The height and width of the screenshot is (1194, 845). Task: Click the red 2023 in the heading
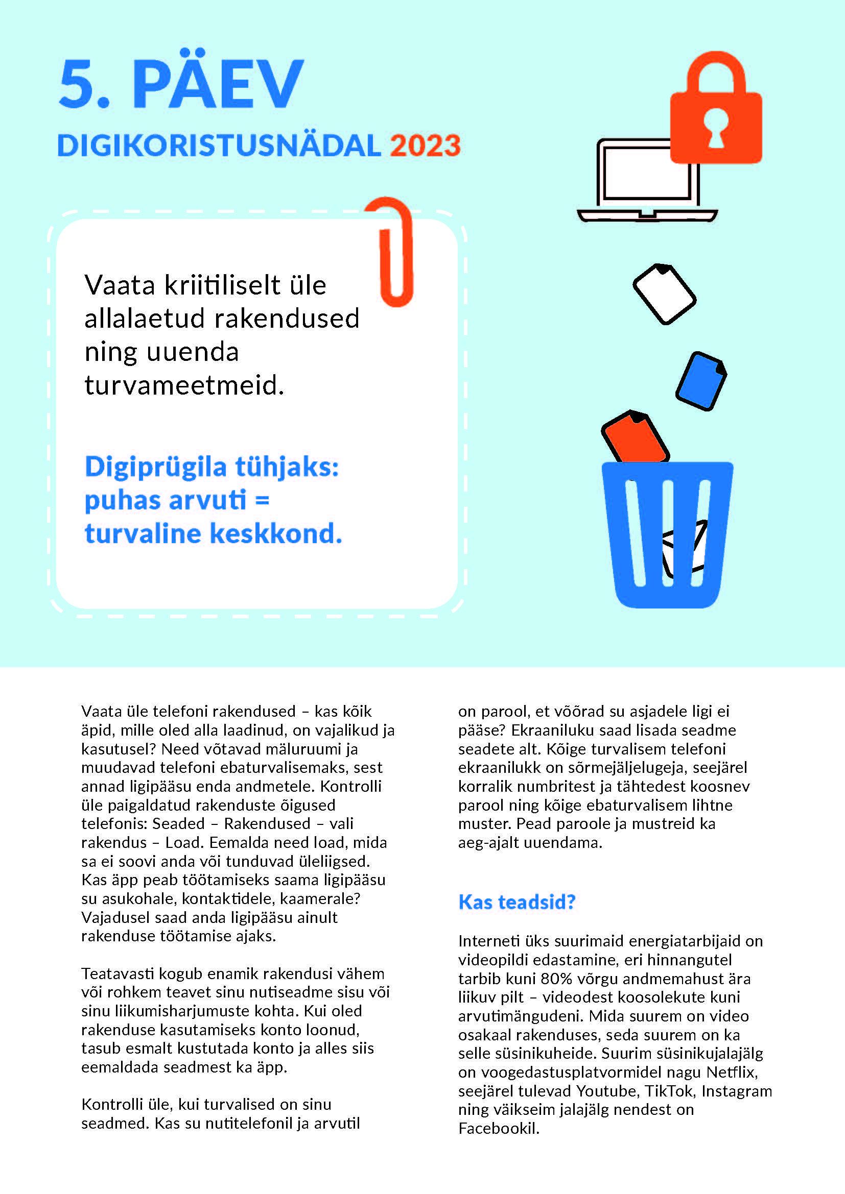(425, 145)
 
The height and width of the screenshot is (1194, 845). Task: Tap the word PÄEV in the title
(218, 83)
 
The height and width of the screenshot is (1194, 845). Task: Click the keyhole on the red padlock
(716, 130)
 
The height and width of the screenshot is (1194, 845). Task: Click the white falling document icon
(665, 294)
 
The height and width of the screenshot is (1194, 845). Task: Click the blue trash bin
(668, 535)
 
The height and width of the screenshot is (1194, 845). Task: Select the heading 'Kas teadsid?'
(517, 902)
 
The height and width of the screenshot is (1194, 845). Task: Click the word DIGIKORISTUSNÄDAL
(219, 145)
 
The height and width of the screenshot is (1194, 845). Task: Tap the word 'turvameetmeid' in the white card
(184, 385)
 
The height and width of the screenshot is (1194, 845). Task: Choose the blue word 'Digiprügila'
(156, 466)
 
